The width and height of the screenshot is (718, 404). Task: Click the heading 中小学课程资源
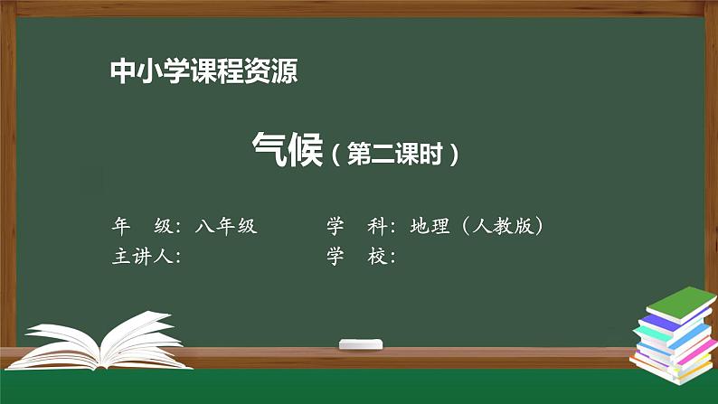coord(203,70)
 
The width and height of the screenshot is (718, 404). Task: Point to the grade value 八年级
coord(225,226)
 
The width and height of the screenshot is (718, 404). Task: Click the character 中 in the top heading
coord(120,70)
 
